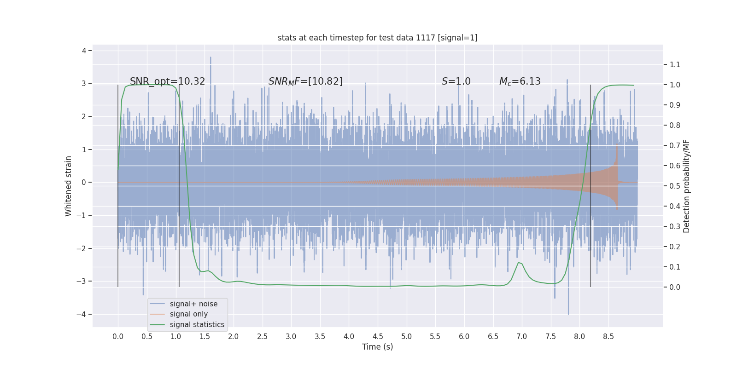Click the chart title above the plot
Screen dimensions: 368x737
(x=377, y=38)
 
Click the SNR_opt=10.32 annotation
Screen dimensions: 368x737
(x=167, y=81)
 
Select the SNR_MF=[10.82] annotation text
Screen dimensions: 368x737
(x=305, y=81)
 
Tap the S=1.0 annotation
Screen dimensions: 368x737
(x=456, y=81)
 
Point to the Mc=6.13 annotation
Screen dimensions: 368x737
(x=520, y=81)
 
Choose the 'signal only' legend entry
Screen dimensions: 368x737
(x=188, y=314)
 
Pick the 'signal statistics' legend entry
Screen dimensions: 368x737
(x=197, y=325)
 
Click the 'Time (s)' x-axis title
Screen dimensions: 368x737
(x=377, y=347)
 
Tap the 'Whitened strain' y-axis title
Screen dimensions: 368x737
(x=69, y=186)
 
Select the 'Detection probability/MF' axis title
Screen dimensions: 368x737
(x=687, y=186)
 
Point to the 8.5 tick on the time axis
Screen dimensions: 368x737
(x=608, y=336)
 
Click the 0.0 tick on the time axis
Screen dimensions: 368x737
(x=118, y=336)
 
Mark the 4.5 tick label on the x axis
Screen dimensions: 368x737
(x=378, y=336)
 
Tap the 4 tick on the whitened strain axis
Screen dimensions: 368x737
(x=84, y=51)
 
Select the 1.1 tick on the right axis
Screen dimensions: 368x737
(x=675, y=64)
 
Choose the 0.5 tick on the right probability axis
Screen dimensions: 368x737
(x=675, y=186)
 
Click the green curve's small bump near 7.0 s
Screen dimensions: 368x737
(x=519, y=263)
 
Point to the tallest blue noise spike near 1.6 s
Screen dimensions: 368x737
(x=211, y=58)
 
